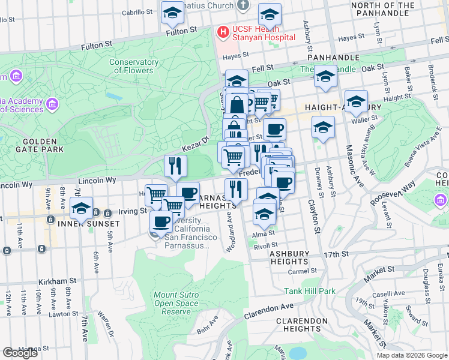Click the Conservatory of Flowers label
[131, 66]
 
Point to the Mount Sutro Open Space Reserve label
[176, 303]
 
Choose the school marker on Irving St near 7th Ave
[81, 208]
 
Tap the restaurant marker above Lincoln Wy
[175, 166]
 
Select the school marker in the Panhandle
[325, 76]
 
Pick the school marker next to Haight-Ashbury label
[356, 101]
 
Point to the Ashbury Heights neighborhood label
[289, 257]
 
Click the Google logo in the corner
[20, 353]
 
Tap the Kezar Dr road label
[195, 143]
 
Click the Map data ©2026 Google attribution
[411, 355]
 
